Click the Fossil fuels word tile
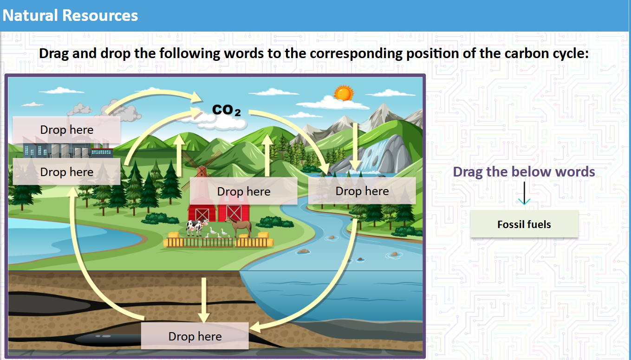coord(524,224)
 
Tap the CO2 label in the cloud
coord(227,111)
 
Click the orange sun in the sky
coord(344,93)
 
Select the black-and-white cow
coord(194,227)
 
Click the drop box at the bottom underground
coord(195,336)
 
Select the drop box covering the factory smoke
coord(67,130)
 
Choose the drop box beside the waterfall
coord(362,191)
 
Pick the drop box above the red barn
coord(243,191)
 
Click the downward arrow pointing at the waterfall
coord(355,146)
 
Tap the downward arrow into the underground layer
coord(203,300)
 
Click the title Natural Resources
coord(70,15)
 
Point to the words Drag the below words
coord(524,172)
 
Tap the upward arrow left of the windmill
coord(179,156)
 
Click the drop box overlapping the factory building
coord(67,172)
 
